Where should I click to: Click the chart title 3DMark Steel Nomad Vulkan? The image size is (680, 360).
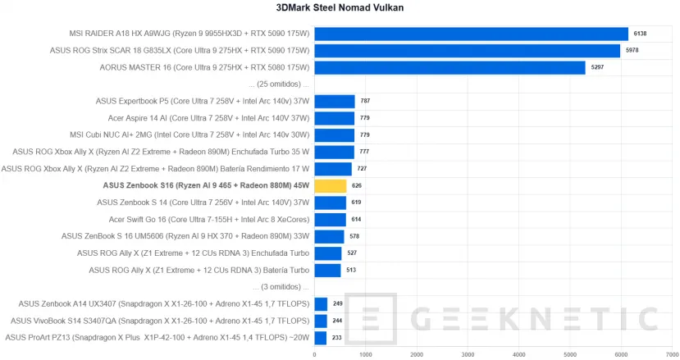point(340,8)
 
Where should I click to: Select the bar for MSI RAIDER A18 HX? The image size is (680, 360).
point(471,34)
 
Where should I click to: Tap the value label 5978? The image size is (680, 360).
point(632,51)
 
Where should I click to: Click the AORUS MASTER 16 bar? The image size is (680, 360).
point(450,67)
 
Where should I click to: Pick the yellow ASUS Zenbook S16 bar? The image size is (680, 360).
point(331,186)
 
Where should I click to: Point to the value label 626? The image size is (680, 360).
point(357,186)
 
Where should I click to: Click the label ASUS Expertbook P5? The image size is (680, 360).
point(203,102)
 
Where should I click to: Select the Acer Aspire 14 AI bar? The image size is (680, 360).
point(334,118)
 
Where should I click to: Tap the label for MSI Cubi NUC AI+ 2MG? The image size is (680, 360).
point(203,135)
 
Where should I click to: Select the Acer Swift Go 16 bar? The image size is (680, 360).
point(330,220)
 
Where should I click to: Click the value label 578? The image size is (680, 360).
point(354,236)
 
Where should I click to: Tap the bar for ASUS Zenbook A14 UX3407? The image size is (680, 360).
point(321,304)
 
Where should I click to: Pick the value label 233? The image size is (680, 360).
point(337,338)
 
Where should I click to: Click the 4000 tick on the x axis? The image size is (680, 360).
point(518,354)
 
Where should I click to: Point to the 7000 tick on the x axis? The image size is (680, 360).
point(671,354)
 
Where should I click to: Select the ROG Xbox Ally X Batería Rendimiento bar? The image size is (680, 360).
point(333,169)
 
